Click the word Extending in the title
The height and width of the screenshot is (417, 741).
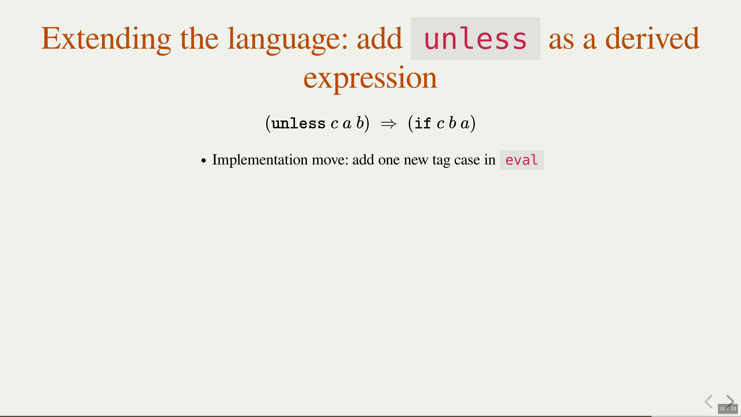click(106, 39)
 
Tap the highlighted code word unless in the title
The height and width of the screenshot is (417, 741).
click(475, 38)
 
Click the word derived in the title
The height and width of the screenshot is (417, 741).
click(652, 38)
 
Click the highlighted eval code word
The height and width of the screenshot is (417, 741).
click(522, 160)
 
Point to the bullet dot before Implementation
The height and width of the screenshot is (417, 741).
click(204, 161)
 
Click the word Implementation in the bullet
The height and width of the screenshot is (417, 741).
click(260, 160)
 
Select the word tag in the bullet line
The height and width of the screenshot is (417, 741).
click(441, 161)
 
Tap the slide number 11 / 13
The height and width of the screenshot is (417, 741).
click(728, 408)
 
